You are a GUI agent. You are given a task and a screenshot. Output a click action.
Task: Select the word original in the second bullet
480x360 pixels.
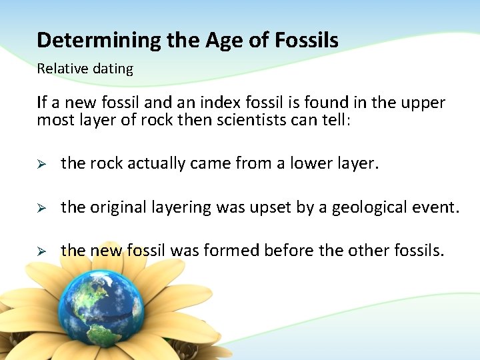pyautogui.click(x=113, y=207)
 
